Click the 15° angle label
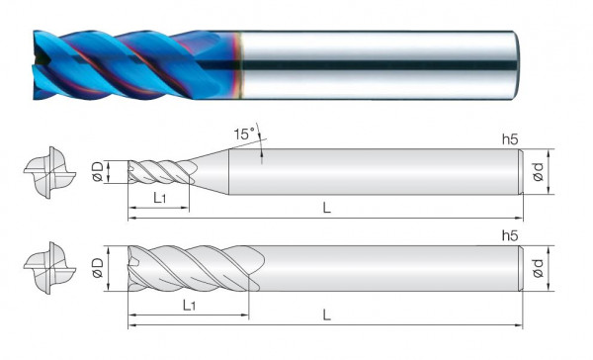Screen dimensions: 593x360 point(244,134)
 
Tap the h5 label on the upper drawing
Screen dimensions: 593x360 point(510,139)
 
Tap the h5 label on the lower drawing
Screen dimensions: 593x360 point(510,235)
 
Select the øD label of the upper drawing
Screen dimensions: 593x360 point(98,171)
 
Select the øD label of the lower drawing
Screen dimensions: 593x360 point(98,268)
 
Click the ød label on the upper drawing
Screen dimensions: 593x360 point(539,171)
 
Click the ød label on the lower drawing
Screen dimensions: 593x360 point(539,268)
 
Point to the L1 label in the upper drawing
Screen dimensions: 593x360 point(159,198)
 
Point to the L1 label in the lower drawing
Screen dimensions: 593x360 point(189,305)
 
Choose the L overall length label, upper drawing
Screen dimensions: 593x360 point(326,208)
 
